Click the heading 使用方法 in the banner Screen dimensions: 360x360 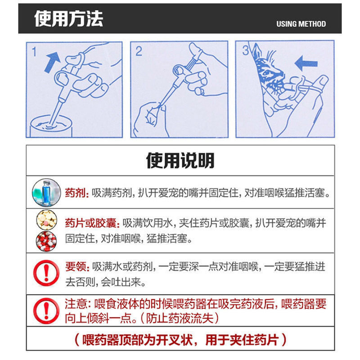69,19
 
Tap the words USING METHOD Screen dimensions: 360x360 301,24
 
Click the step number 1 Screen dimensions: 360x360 34,52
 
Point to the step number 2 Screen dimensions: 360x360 139,51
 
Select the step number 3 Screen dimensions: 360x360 245,50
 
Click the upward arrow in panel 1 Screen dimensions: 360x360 52,62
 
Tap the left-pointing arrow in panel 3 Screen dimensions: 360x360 306,63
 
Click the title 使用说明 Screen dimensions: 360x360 180,161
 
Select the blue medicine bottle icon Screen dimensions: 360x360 46,193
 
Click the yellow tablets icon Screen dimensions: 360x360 47,220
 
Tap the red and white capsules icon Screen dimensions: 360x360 46,241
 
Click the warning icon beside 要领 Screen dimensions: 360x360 46,273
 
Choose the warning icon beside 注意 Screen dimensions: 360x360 46,311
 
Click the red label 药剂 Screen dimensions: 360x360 76,193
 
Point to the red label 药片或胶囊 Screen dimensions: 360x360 92,223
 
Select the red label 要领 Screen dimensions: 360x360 77,266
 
